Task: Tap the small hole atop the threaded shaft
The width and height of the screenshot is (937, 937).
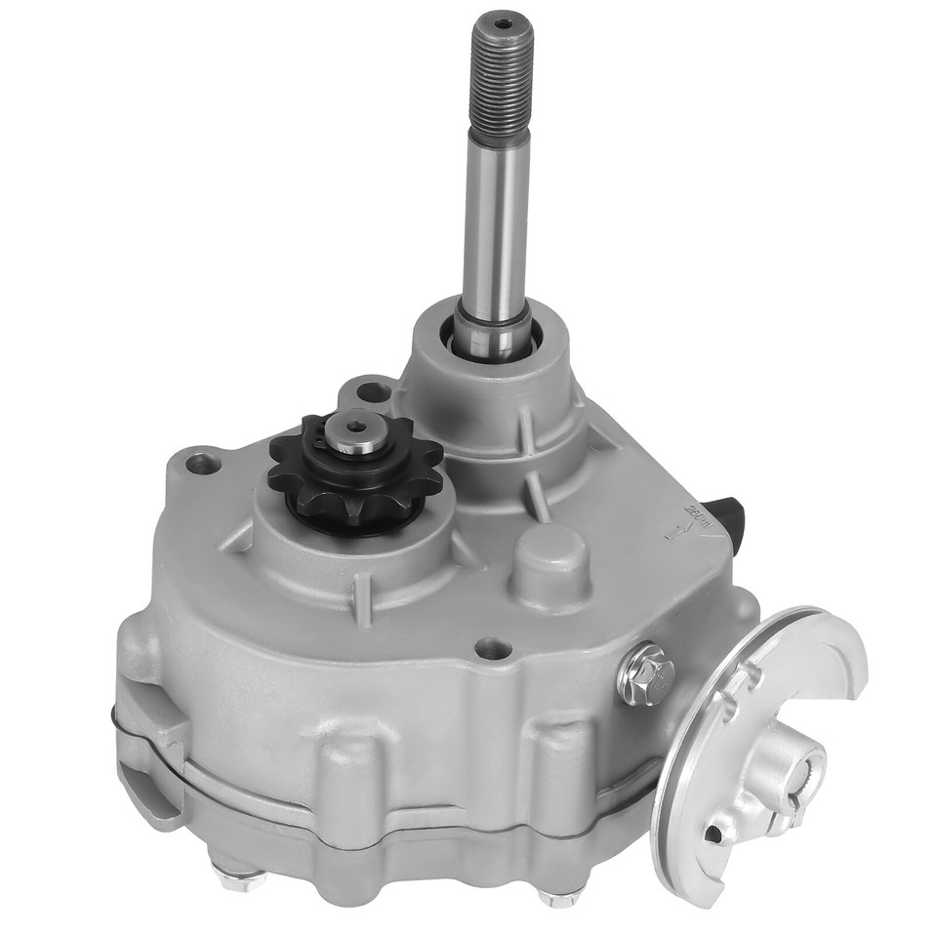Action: (502, 23)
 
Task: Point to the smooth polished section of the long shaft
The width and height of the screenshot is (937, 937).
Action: (497, 224)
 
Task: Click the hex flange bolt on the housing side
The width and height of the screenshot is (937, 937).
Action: (646, 672)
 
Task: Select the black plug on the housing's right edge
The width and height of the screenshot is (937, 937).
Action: (728, 509)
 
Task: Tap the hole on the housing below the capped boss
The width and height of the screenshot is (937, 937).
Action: (490, 647)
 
